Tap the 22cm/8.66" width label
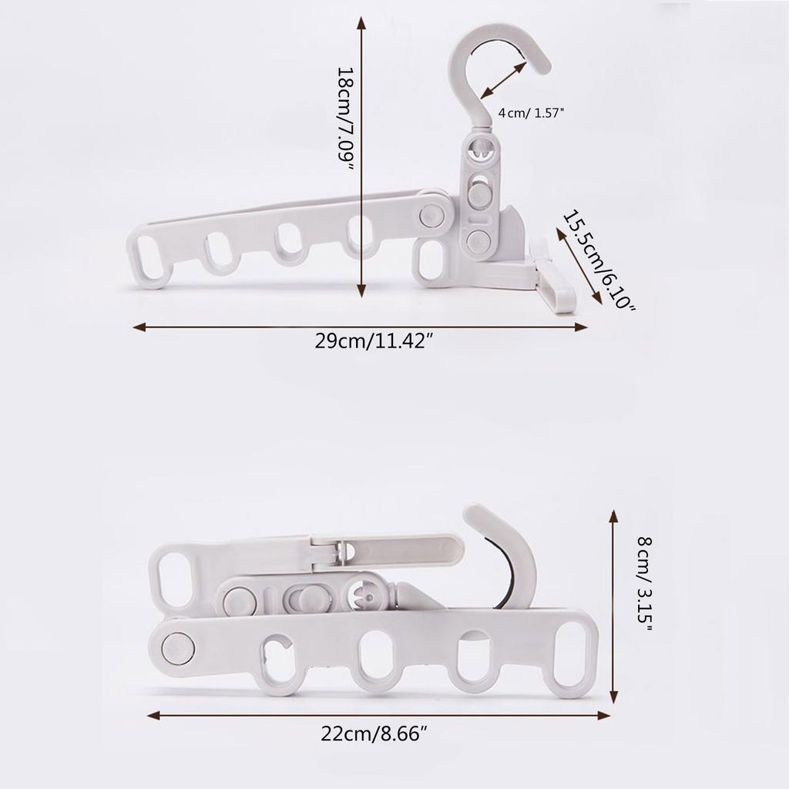pyautogui.click(x=374, y=734)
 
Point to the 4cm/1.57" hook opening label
pyautogui.click(x=531, y=112)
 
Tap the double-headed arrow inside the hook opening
pyautogui.click(x=503, y=80)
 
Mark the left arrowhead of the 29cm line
pyautogui.click(x=139, y=327)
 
